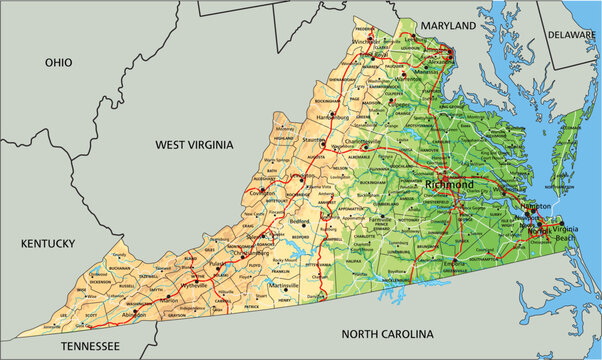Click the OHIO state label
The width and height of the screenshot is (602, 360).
pyautogui.click(x=59, y=62)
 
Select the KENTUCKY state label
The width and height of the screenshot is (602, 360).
pyautogui.click(x=48, y=243)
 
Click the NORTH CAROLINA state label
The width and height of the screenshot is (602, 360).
pyautogui.click(x=387, y=333)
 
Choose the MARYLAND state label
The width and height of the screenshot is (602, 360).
pyautogui.click(x=446, y=24)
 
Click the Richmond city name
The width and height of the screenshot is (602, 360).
pyautogui.click(x=449, y=185)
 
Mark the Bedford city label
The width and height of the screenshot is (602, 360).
pyautogui.click(x=299, y=221)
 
